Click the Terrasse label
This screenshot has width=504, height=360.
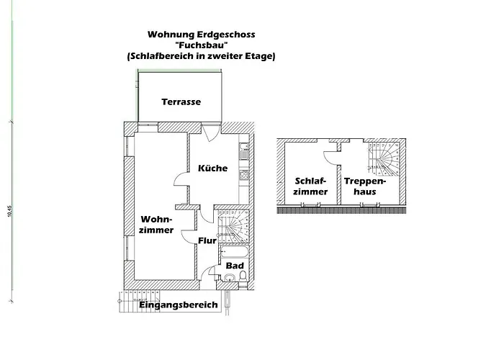point(181,102)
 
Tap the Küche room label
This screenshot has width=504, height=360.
point(212,168)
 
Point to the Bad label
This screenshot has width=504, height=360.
point(235,266)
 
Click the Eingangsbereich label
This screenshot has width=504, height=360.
point(178,305)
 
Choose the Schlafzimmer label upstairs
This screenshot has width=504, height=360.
point(311,186)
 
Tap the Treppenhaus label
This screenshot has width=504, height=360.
point(365,186)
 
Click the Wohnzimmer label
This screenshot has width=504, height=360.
point(156,223)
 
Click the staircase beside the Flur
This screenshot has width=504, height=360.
point(233,224)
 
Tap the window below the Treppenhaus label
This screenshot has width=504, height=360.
point(370,205)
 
